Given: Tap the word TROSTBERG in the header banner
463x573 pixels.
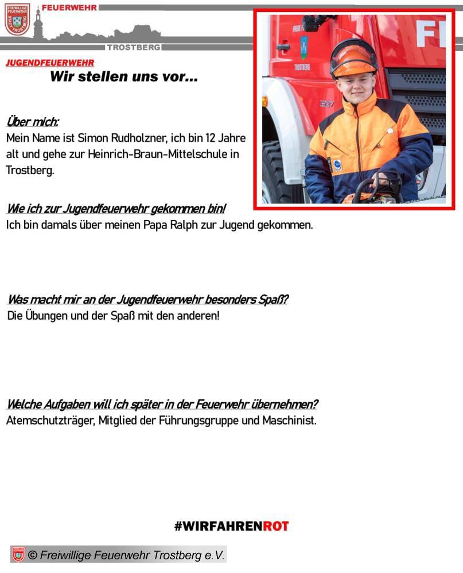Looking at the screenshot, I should (134, 47).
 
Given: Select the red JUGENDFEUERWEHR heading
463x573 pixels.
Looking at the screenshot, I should (50, 63).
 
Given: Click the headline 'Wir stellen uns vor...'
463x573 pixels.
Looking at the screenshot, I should (124, 77).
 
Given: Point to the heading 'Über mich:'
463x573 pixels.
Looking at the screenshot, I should (32, 122).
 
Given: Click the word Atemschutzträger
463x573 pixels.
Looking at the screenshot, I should (48, 421).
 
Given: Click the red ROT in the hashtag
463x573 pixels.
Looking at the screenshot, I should (276, 526).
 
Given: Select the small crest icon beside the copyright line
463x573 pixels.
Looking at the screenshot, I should (18, 555).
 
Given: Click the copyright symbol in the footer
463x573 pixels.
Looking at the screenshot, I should (33, 555).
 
